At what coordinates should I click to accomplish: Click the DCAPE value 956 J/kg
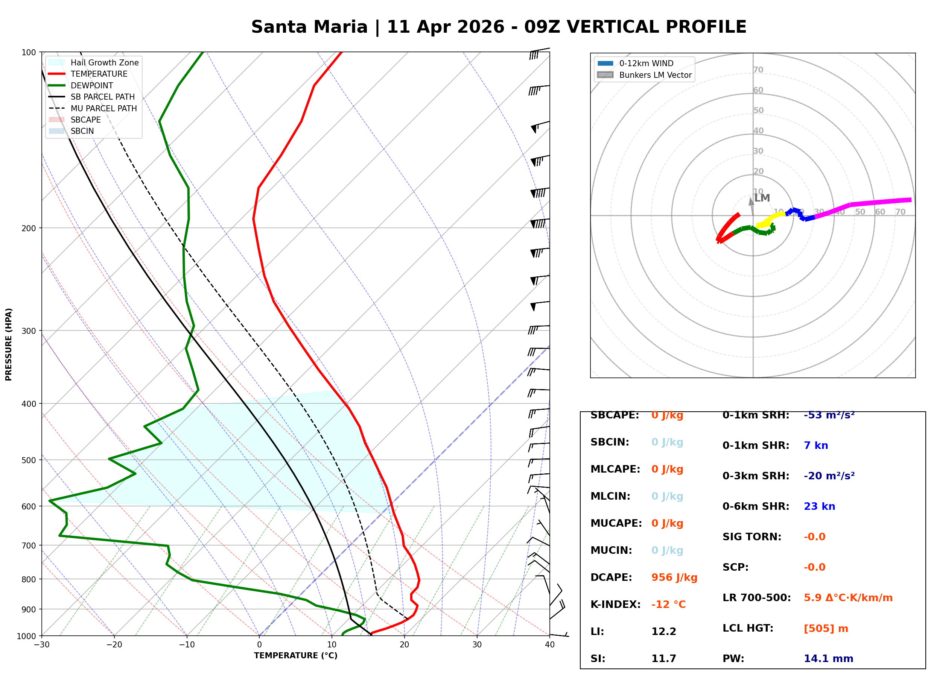[674, 577]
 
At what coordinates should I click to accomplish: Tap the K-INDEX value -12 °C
[668, 605]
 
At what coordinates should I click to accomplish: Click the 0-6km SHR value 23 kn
[819, 506]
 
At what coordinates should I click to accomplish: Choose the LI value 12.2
[663, 632]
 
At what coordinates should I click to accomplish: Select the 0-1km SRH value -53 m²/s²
[829, 415]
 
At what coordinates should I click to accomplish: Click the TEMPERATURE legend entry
[99, 74]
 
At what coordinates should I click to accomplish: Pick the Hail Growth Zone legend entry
[104, 62]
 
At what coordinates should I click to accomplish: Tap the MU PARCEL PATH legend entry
[103, 108]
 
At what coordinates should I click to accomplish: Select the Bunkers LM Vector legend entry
[655, 75]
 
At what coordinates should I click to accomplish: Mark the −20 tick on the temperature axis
[114, 645]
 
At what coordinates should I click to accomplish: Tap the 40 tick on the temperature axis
[549, 645]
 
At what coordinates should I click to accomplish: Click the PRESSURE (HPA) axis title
[9, 344]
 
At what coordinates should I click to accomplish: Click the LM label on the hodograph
[762, 198]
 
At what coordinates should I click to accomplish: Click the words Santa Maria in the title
[309, 27]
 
